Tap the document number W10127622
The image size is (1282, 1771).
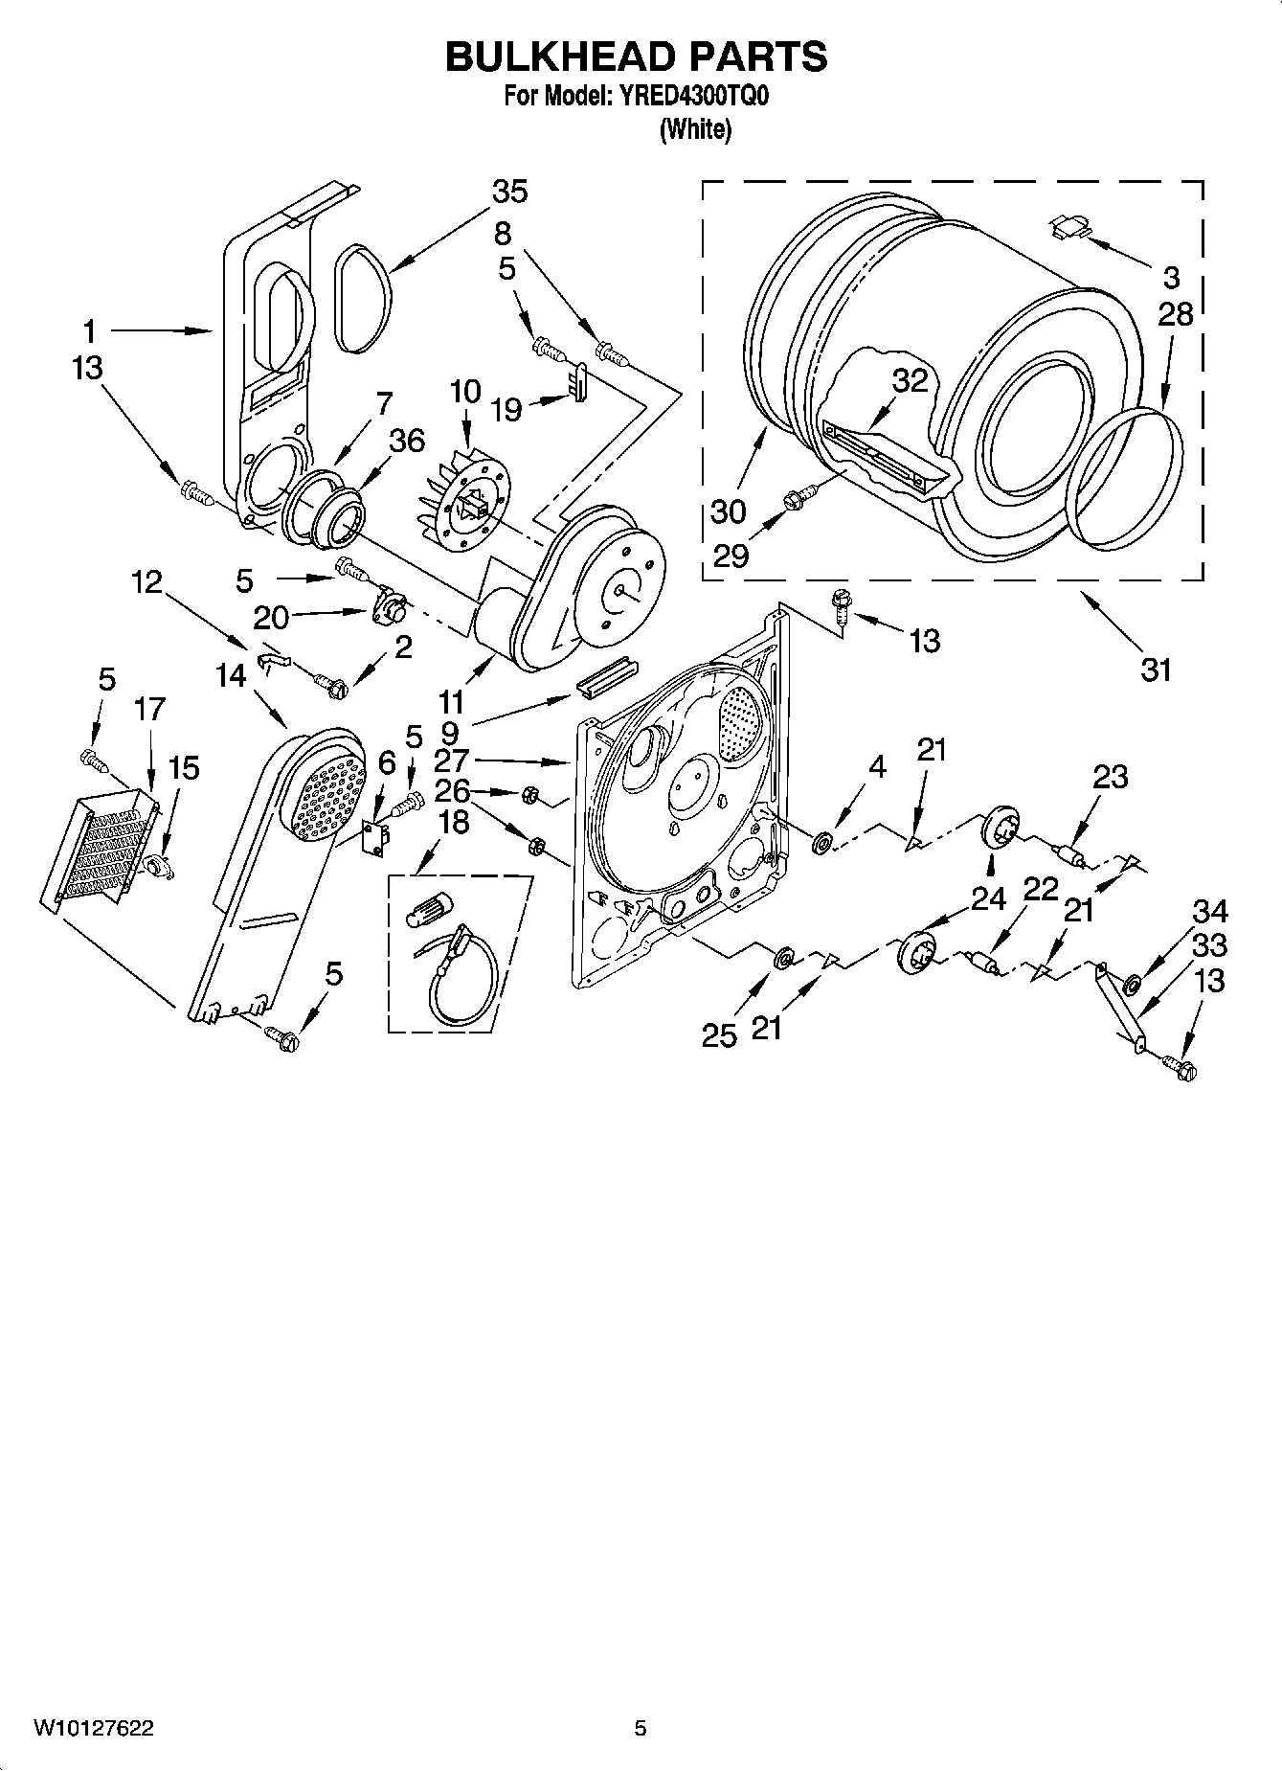tap(95, 1729)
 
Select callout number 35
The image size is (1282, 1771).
tap(509, 193)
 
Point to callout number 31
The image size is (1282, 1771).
tap(1157, 670)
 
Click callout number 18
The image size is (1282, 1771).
tap(453, 821)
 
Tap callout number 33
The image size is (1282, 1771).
tap(1210, 945)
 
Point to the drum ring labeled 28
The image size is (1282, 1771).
tap(1123, 479)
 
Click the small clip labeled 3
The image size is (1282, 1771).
tap(1069, 227)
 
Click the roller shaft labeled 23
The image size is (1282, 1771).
tap(1068, 853)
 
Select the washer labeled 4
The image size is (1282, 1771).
tap(821, 842)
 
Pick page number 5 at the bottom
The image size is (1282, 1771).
tap(641, 1729)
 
